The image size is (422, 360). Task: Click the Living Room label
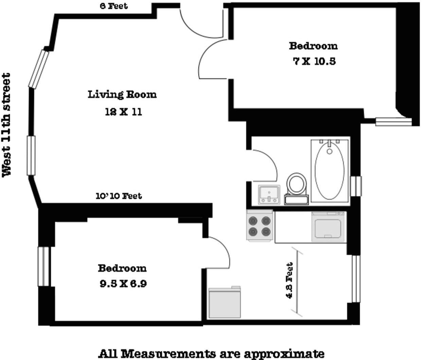pyautogui.click(x=122, y=94)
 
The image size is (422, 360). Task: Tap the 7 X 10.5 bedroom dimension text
pyautogui.click(x=314, y=61)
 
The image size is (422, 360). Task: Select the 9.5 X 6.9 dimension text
pyautogui.click(x=123, y=284)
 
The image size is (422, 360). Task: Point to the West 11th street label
pyautogui.click(x=7, y=125)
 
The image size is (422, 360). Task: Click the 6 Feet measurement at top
pyautogui.click(x=114, y=6)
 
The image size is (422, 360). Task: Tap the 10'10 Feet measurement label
pyautogui.click(x=119, y=196)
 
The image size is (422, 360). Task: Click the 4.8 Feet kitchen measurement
pyautogui.click(x=289, y=281)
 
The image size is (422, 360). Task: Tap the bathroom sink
pyautogui.click(x=269, y=195)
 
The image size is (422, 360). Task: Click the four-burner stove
pyautogui.click(x=260, y=226)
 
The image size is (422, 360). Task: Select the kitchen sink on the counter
pyautogui.click(x=328, y=227)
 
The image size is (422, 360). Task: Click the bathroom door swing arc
pyautogui.click(x=268, y=165)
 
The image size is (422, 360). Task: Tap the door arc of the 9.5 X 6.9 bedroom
pyautogui.click(x=221, y=251)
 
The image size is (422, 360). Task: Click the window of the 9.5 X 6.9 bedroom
pyautogui.click(x=43, y=267)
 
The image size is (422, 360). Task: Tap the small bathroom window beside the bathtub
pyautogui.click(x=356, y=186)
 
